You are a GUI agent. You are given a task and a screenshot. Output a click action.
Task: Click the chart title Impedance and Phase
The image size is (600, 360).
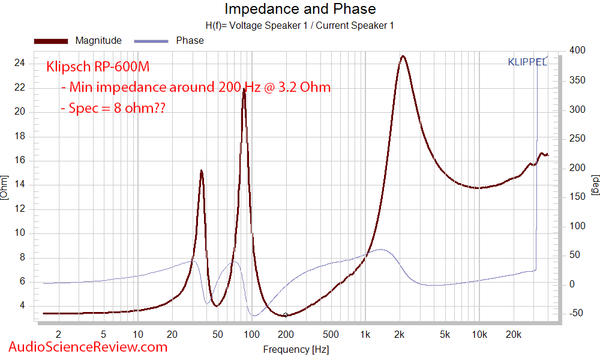300,9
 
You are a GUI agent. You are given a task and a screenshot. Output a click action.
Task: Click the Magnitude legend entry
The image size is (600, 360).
98,41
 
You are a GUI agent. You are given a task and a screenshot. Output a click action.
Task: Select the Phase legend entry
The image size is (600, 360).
190,41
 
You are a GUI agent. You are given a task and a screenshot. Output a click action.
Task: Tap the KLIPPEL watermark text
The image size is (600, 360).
527,62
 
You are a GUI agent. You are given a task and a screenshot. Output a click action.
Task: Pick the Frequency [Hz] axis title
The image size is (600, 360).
296,349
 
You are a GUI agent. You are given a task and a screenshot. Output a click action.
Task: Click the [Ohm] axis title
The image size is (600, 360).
5,188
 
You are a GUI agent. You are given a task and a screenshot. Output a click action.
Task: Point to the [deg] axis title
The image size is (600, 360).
595,188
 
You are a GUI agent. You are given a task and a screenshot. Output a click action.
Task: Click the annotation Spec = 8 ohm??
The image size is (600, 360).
114,109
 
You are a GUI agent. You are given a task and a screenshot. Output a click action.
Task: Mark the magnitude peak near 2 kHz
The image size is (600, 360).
403,56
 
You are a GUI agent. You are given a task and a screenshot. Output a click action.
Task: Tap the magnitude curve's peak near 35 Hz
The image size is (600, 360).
202,171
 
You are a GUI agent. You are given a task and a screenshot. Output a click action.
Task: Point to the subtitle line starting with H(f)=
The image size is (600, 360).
300,25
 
